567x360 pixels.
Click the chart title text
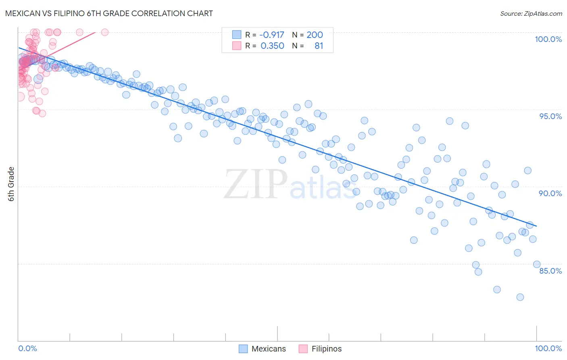[109, 13]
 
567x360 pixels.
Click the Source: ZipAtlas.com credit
[531, 13]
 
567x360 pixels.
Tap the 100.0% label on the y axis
[548, 39]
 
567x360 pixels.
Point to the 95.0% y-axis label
[550, 116]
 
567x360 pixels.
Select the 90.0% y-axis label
[550, 193]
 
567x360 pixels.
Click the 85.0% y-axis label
[550, 271]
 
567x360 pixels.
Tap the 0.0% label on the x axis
[27, 348]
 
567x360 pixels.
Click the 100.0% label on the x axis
[548, 348]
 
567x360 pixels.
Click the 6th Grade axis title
[11, 184]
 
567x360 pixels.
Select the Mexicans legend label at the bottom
[269, 349]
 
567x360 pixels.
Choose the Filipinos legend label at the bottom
[326, 349]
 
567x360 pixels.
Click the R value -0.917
[271, 35]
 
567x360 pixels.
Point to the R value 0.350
[272, 46]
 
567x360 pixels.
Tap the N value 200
[315, 35]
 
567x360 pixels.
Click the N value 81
[319, 46]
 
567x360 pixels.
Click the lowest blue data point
[520, 297]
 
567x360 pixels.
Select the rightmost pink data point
[105, 32]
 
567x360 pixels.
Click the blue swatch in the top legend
[237, 35]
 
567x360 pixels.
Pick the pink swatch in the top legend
[237, 46]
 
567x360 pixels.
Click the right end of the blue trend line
[536, 226]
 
